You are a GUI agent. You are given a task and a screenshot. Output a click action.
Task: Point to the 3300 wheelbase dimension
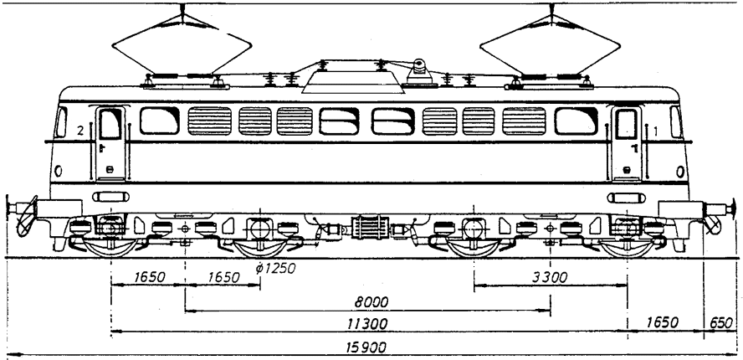[x=549, y=277]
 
